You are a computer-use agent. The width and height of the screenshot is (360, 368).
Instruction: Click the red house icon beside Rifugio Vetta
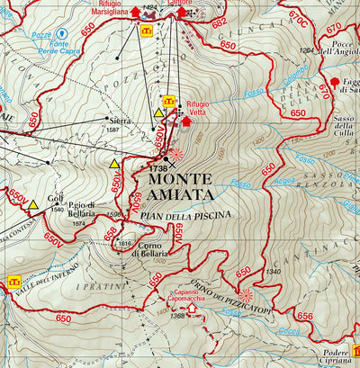point(187,121)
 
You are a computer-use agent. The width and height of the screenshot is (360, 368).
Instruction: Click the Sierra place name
point(120,120)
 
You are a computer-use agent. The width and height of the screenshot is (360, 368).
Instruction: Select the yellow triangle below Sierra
point(114,165)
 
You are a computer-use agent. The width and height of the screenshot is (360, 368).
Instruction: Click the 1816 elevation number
point(124,244)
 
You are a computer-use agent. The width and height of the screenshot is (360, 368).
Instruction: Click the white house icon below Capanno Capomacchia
point(191,309)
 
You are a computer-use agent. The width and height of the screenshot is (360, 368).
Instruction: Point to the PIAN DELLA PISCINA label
point(185,214)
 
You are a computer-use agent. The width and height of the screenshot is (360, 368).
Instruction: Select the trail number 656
point(304,316)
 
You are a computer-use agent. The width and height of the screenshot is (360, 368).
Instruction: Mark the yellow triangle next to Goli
point(33,205)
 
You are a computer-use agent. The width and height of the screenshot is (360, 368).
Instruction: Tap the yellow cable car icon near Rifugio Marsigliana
point(147,31)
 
